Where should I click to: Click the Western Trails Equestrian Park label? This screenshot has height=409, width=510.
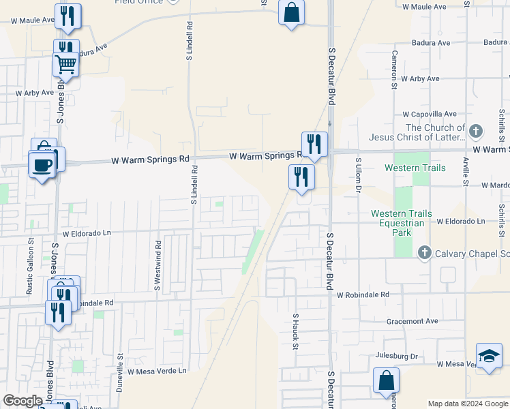coord(401,223)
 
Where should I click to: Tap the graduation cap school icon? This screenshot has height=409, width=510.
coord(489,357)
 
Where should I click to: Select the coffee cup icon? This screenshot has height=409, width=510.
coord(42,164)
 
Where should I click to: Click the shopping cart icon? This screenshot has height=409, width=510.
coord(66,64)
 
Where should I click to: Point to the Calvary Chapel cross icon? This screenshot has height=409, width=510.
coord(425,254)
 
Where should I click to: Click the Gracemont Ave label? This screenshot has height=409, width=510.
coord(412,321)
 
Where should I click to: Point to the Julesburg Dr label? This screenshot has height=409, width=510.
coord(396,356)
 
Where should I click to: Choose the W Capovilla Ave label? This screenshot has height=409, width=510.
coord(429,114)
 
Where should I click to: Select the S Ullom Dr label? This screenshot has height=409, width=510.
coord(357,175)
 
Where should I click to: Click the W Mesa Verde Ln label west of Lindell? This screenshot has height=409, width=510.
coord(157,371)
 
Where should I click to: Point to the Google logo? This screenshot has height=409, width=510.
coord(22,401)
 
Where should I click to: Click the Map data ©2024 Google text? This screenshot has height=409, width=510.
coord(467,404)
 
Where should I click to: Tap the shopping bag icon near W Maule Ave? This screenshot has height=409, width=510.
coord(291,13)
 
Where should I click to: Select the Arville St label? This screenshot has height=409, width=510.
coord(466,170)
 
